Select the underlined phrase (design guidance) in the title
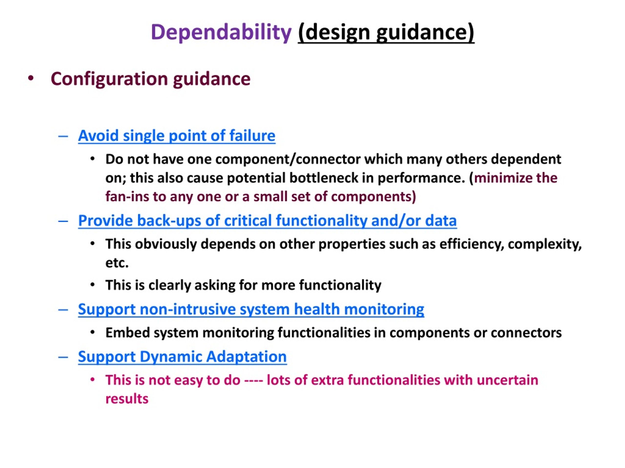386,33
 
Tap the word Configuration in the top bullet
109,79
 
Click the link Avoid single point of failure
177,136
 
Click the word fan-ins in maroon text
127,197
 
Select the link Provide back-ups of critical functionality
267,221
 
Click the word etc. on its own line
117,263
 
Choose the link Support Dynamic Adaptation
182,357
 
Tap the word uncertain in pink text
508,380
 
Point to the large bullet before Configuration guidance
31,79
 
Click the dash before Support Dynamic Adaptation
63,357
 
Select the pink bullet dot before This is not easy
92,380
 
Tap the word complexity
545,244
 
